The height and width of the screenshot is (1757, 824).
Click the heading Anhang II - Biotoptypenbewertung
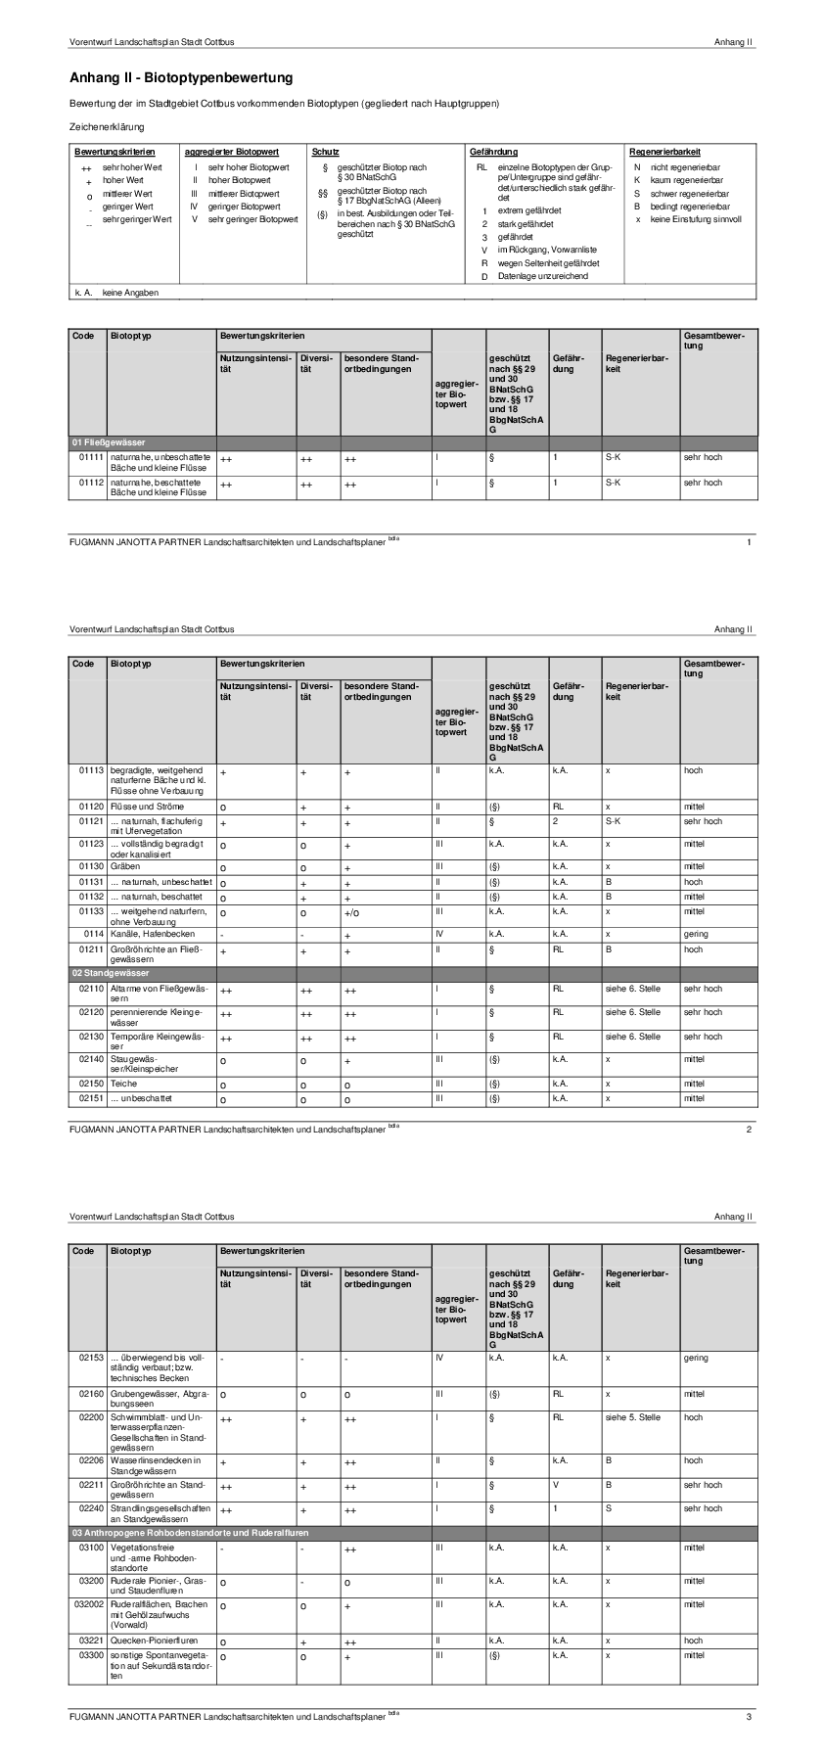tap(181, 77)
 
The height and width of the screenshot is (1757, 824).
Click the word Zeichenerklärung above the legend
tap(107, 127)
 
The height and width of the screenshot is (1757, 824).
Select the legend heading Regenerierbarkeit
tap(664, 152)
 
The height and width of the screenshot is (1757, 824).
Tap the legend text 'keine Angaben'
tap(130, 292)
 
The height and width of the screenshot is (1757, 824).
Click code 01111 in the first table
tap(91, 457)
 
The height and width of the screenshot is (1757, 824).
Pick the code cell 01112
tap(91, 483)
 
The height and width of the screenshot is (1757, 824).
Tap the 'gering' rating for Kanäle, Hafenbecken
tap(696, 934)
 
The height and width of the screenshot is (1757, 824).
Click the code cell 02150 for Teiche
tap(91, 1084)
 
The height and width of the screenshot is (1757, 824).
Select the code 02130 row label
tap(91, 1037)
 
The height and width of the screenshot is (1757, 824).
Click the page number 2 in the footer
tap(749, 1130)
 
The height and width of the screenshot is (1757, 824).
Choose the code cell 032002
tap(88, 1604)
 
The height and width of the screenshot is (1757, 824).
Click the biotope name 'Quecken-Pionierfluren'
tap(155, 1640)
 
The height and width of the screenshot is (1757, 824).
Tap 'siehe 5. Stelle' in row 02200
tap(633, 1416)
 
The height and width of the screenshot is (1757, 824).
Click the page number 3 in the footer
tap(749, 1716)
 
